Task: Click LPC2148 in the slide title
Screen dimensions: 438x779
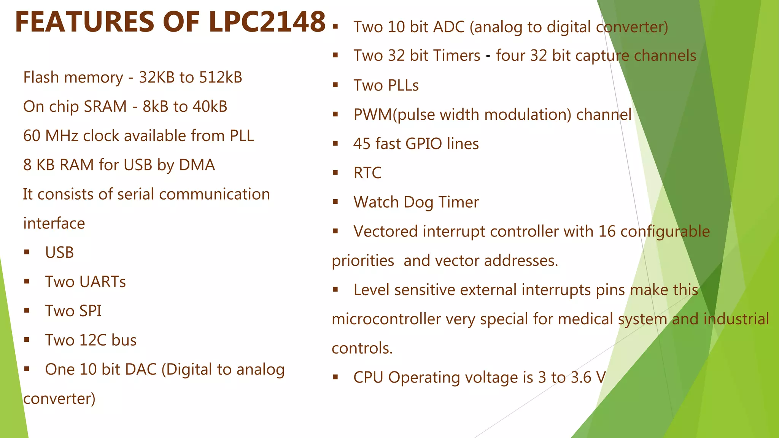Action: [267, 22]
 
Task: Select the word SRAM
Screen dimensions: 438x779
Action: [105, 107]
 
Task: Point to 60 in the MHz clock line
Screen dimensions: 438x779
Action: [32, 136]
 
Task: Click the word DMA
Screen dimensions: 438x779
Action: [197, 165]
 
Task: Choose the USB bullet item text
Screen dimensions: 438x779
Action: [59, 253]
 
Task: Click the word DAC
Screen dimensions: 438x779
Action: [140, 370]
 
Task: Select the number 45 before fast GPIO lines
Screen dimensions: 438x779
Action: [361, 144]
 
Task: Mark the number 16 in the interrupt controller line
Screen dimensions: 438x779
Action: [607, 232]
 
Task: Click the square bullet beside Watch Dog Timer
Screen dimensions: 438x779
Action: [335, 202]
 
